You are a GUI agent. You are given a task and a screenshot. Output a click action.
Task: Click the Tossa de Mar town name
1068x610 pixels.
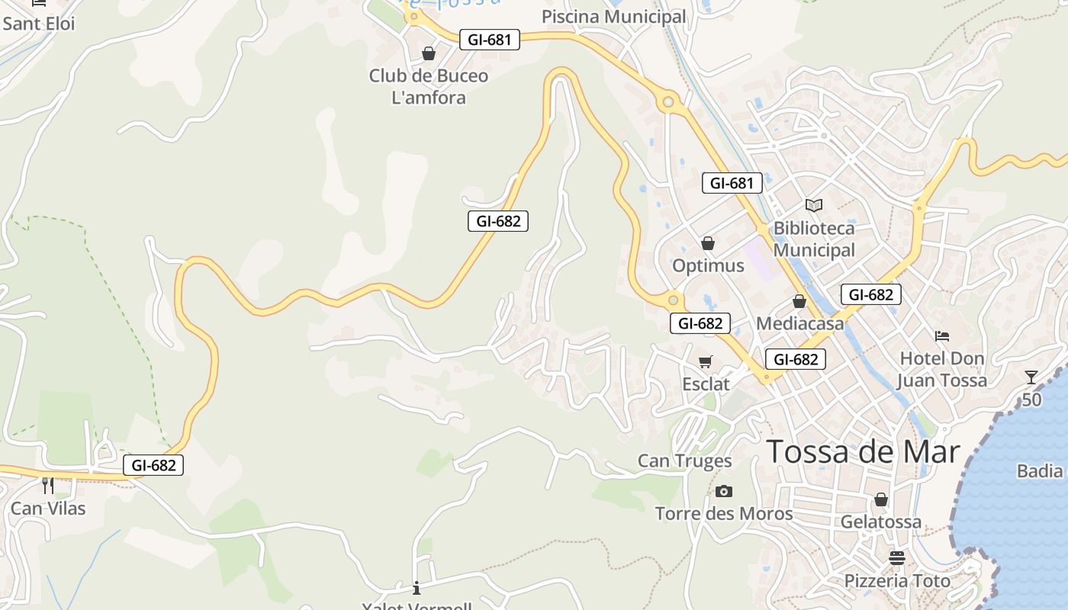point(863,451)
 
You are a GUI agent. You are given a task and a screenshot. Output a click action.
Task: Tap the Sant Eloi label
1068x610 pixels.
point(39,24)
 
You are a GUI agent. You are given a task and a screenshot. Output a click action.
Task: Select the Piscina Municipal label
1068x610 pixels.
point(613,17)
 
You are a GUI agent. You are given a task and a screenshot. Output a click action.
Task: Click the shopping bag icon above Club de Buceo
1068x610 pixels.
point(429,53)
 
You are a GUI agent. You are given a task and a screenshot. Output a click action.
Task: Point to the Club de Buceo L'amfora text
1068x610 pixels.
point(429,87)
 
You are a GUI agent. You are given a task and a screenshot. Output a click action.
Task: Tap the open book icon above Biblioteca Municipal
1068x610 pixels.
point(814,205)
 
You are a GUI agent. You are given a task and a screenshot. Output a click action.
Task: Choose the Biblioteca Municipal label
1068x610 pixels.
point(814,239)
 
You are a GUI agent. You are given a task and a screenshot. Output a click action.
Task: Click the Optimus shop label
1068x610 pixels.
point(708,265)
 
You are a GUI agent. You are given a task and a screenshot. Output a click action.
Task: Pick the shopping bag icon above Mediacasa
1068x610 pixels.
point(799,301)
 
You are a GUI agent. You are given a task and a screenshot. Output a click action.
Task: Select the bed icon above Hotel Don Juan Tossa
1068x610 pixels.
point(942,335)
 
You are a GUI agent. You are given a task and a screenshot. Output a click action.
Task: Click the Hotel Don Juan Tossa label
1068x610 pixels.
point(942,369)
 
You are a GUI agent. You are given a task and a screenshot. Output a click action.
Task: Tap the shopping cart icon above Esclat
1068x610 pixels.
point(706,361)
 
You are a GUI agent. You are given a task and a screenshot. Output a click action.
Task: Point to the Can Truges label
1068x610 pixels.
point(684,461)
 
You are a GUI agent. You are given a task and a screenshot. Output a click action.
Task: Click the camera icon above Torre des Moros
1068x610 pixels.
point(724,491)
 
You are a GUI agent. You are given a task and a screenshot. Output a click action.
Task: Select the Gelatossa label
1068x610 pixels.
point(881,522)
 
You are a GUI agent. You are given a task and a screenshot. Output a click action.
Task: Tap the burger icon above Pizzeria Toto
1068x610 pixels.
point(897,558)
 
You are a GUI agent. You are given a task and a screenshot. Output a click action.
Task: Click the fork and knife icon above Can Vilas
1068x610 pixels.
point(48,485)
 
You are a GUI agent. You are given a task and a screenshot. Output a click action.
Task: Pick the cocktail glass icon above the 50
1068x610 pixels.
point(1031,377)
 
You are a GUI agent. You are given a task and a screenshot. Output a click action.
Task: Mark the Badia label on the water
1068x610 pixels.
point(1040,470)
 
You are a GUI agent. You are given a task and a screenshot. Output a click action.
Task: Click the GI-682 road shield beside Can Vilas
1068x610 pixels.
point(153,465)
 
